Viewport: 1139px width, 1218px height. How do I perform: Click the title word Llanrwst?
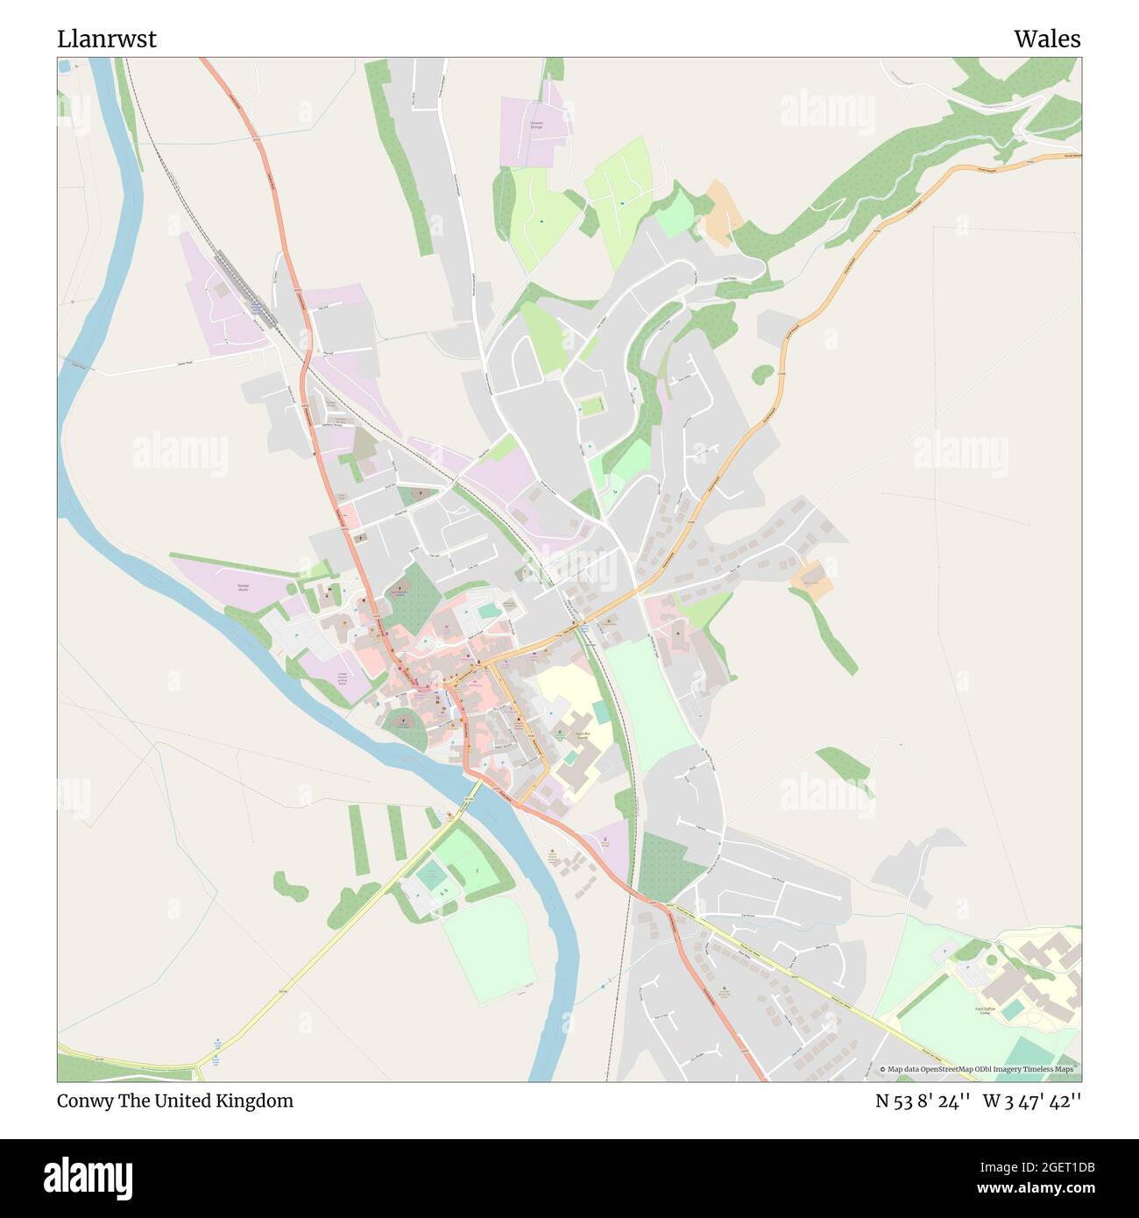(107, 39)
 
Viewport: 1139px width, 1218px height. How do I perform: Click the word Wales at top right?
(1047, 39)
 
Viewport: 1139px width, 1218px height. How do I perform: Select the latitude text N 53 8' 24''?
(923, 1101)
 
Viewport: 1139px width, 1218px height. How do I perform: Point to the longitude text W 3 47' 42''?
(1032, 1101)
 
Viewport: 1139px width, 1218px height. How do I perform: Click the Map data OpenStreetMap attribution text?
(980, 1069)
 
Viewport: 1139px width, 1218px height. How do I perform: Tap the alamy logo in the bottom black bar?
(88, 1176)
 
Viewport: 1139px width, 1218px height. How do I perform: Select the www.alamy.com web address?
(1036, 1189)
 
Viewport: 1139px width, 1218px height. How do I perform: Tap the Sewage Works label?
(243, 587)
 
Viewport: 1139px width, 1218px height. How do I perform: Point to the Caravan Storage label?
(536, 125)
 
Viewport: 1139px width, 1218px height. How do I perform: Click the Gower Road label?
(184, 361)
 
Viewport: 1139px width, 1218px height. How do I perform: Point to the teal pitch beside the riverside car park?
(428, 874)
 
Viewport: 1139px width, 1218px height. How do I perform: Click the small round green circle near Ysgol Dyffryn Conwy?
(991, 960)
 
